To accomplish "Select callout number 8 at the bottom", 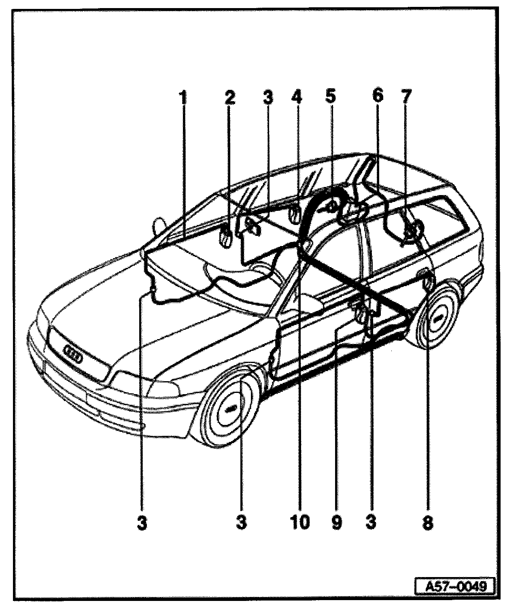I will coord(427,523).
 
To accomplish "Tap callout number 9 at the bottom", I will coord(336,523).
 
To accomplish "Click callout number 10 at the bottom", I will coord(300,523).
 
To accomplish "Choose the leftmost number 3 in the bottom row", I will coord(142,523).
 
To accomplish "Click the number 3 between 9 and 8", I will coord(371,523).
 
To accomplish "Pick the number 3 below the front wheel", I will coord(241,523).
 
